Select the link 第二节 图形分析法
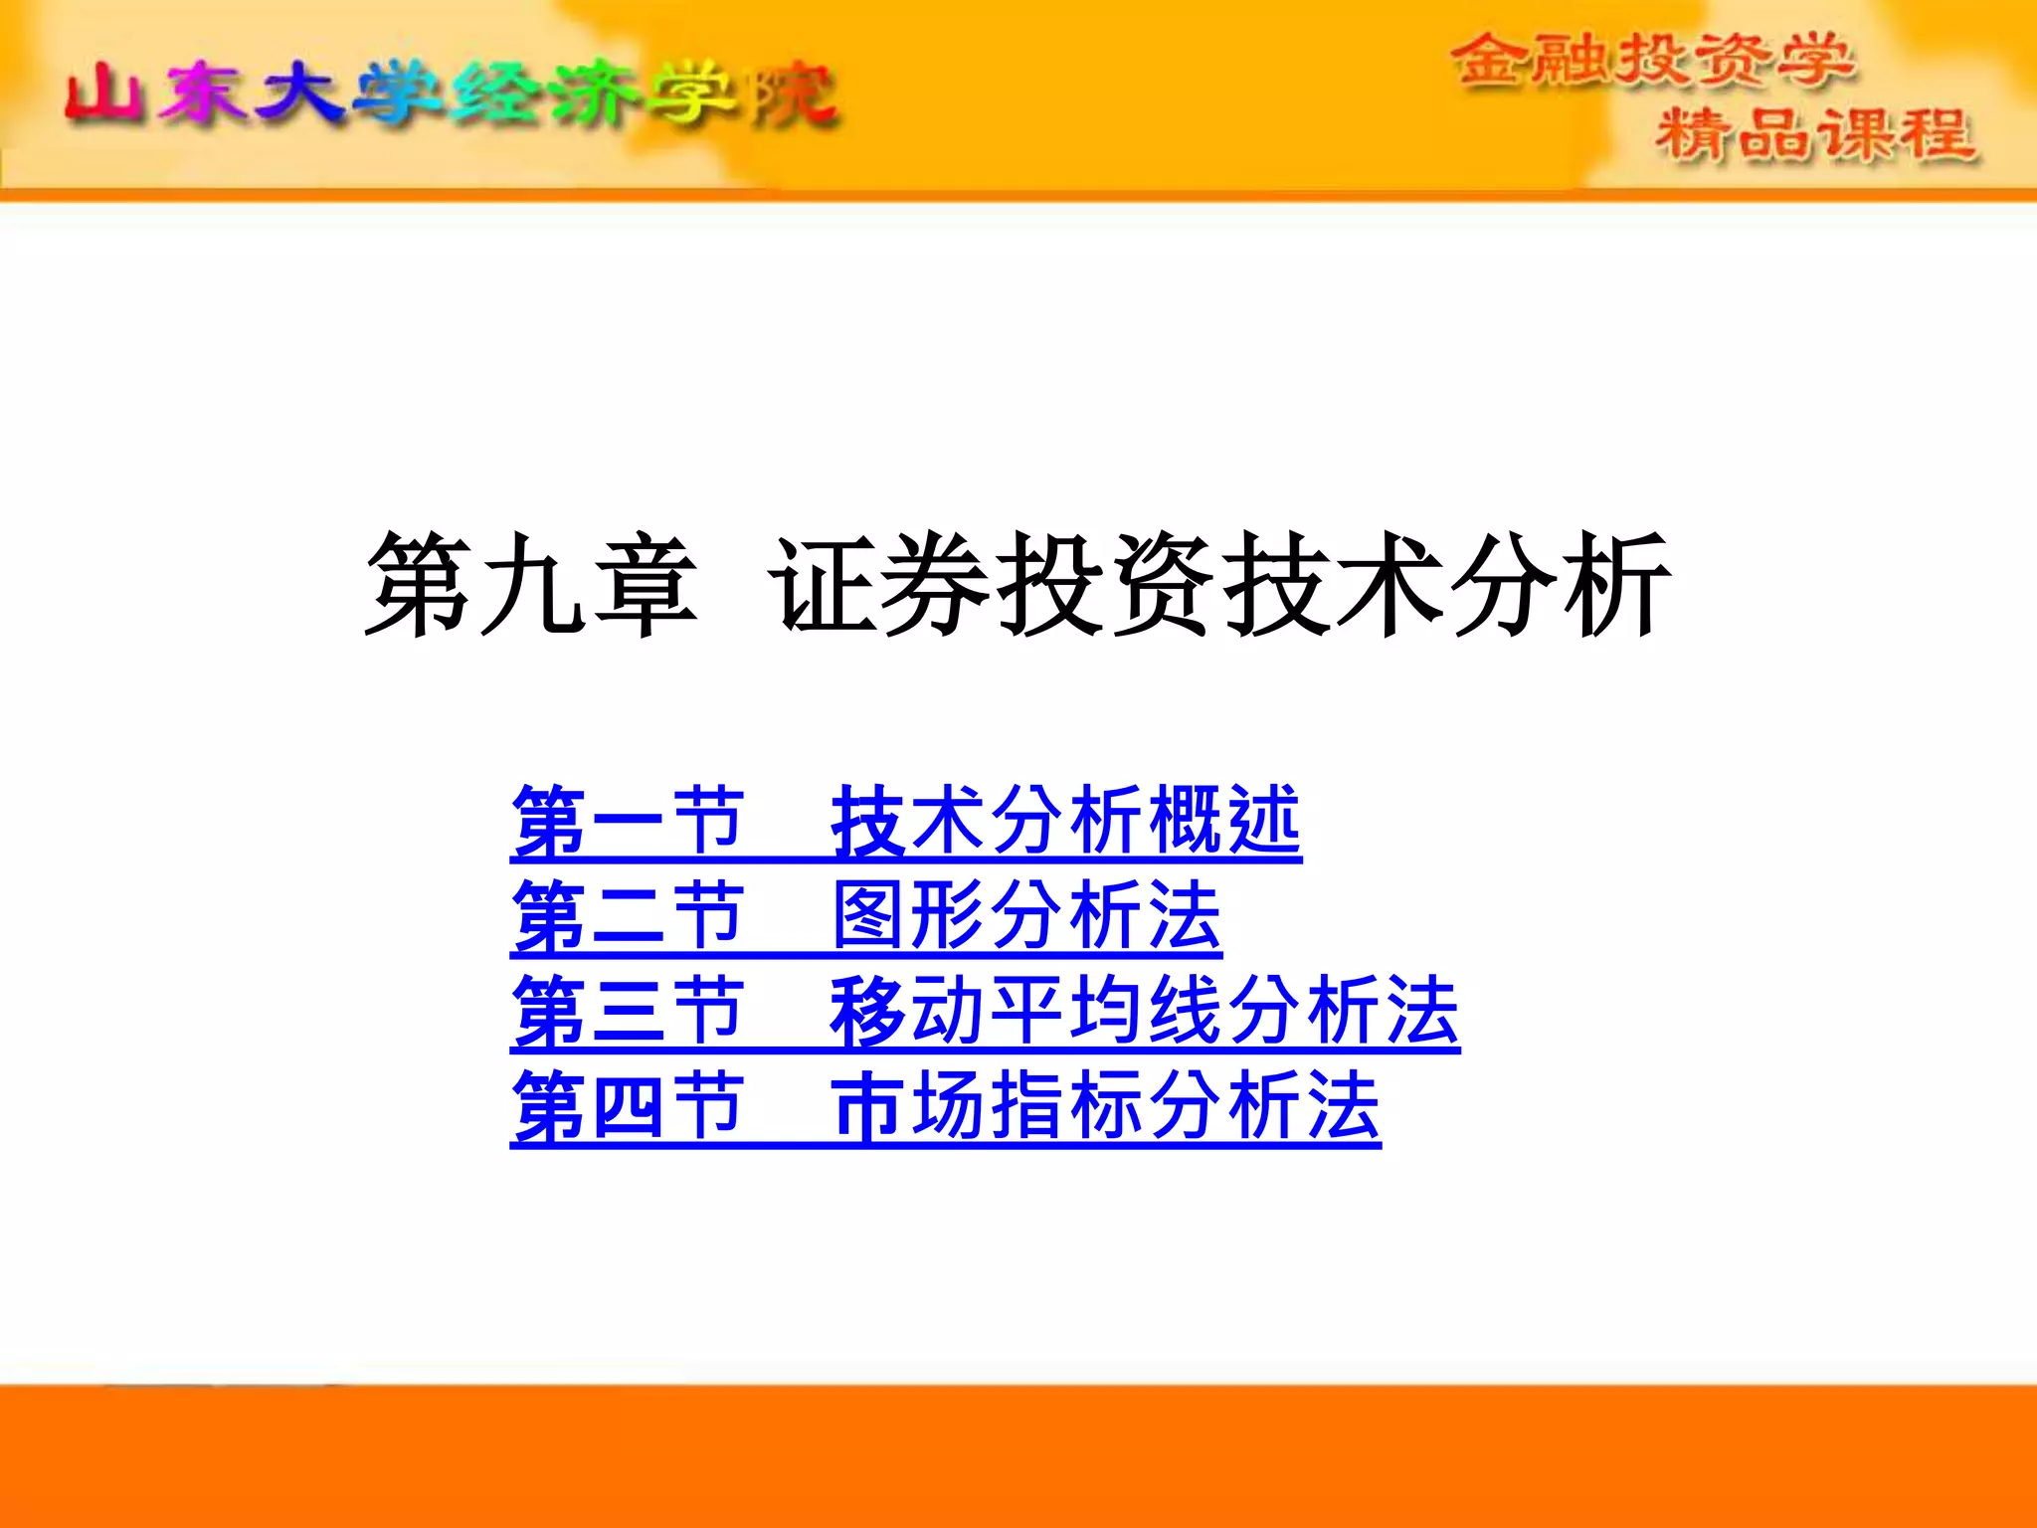point(865,915)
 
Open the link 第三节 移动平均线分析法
point(985,1011)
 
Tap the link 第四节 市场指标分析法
point(945,1106)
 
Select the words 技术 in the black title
point(1333,584)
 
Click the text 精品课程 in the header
point(1815,134)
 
